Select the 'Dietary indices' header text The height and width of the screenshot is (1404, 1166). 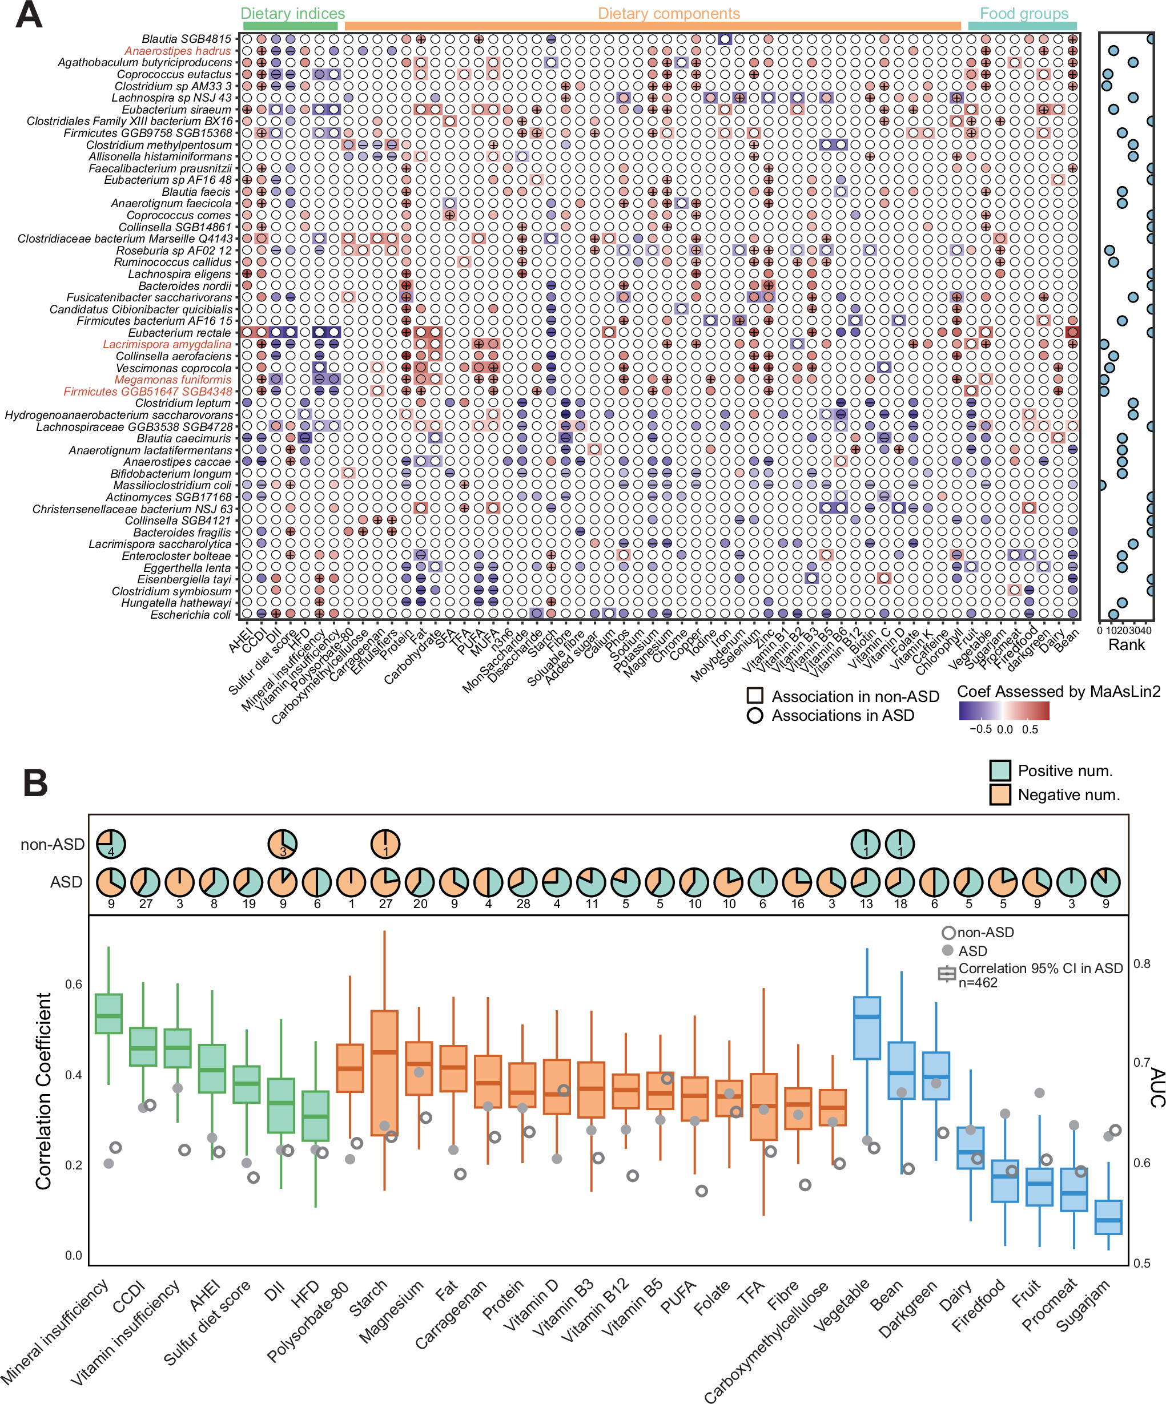coord(292,13)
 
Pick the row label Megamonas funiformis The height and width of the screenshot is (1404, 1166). coord(172,380)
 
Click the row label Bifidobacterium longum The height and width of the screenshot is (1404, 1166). coord(171,473)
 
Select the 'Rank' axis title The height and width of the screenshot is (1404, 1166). coord(1127,644)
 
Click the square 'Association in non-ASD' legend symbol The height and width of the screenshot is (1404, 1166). coord(755,696)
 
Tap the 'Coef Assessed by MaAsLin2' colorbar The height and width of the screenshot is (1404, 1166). coord(1003,711)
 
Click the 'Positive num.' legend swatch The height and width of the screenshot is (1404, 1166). coord(999,770)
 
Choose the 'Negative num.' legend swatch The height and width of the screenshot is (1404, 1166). coord(999,794)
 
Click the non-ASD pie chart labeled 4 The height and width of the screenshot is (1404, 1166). coord(111,844)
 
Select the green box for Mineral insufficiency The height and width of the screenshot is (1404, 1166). coord(108,1014)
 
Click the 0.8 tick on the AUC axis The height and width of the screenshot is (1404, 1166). coord(1141,963)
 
